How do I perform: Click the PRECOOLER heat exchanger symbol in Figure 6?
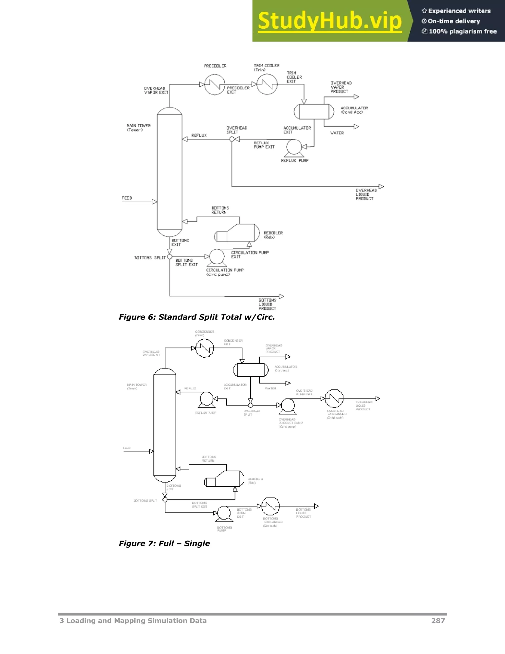(215, 85)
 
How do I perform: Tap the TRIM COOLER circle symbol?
(267, 85)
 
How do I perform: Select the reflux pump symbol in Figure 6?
(294, 147)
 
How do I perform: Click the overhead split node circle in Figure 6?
(232, 139)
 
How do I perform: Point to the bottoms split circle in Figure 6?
(169, 257)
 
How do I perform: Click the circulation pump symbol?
(217, 257)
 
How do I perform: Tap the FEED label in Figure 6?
(127, 198)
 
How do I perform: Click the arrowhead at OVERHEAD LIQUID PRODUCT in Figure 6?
(381, 187)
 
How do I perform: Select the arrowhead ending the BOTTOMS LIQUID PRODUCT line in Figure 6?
(282, 296)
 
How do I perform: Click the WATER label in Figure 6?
(337, 133)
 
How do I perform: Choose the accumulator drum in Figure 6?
(314, 112)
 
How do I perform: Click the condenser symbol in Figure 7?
(205, 348)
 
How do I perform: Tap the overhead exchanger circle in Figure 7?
(334, 399)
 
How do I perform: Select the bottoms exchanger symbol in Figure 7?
(271, 506)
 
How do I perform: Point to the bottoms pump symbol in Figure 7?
(224, 513)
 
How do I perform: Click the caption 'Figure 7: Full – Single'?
(164, 543)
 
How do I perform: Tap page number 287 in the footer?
(438, 621)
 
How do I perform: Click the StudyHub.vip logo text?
(330, 21)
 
